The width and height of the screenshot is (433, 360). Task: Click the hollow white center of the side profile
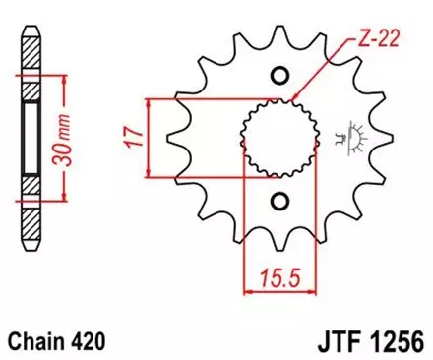(30, 138)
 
